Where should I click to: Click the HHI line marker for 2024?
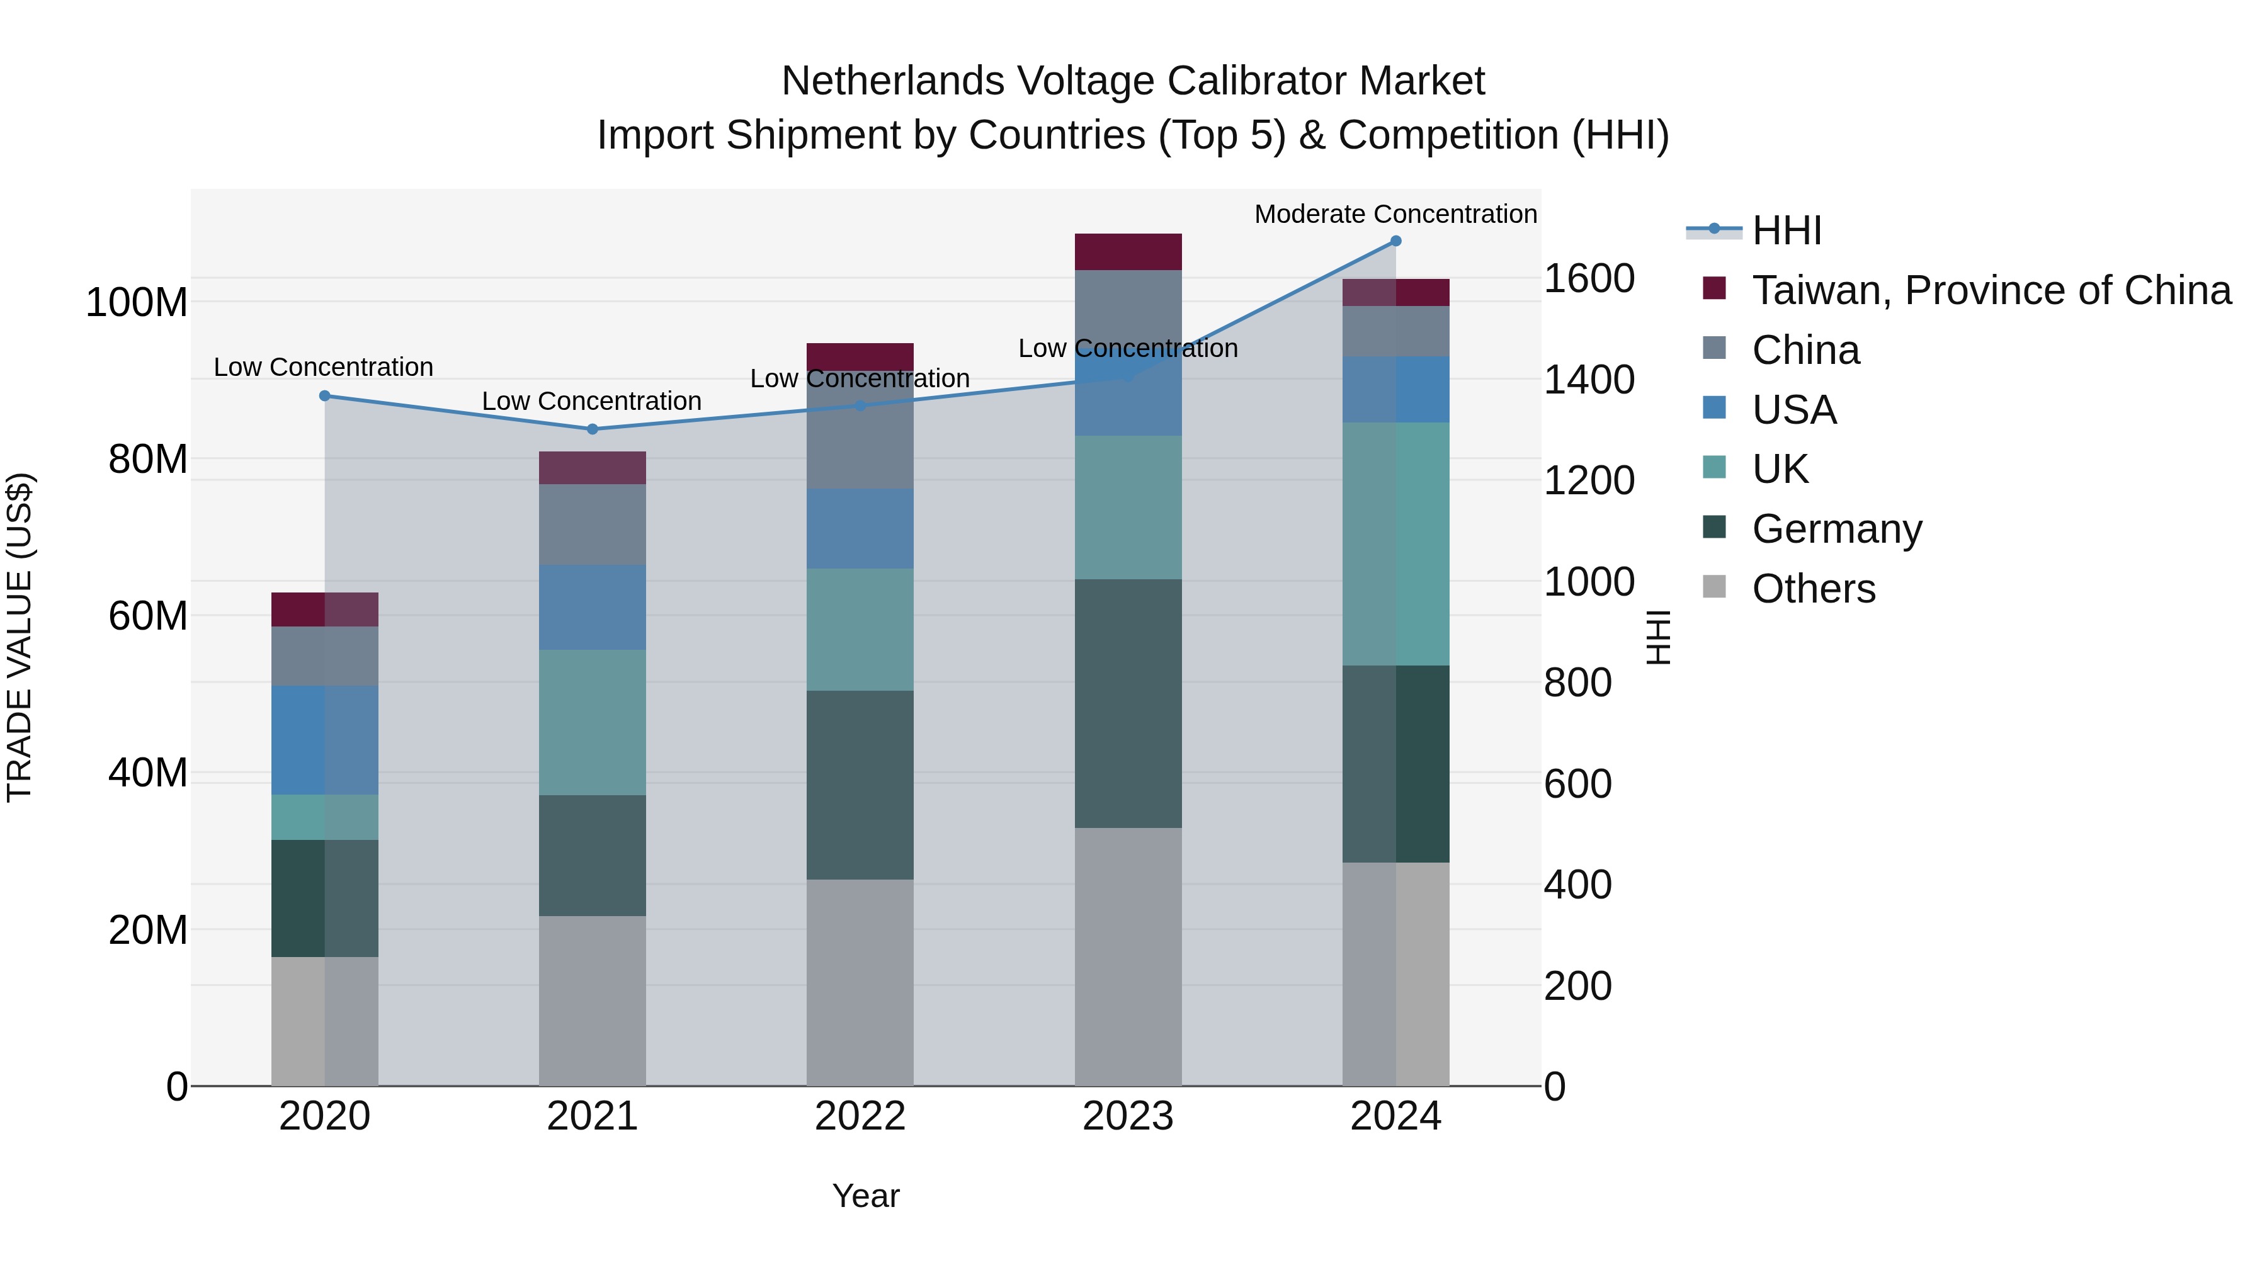pyautogui.click(x=1395, y=241)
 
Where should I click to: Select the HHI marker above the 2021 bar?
pyautogui.click(x=593, y=429)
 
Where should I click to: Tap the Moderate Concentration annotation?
pyautogui.click(x=1395, y=215)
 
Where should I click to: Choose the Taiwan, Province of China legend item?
pyautogui.click(x=1991, y=290)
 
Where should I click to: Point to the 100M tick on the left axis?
pyautogui.click(x=137, y=303)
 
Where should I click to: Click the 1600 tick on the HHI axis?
pyautogui.click(x=1589, y=279)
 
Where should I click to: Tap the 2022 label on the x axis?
pyautogui.click(x=860, y=1116)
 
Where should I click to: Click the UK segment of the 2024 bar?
pyautogui.click(x=1395, y=544)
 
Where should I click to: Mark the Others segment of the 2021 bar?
pyautogui.click(x=593, y=1000)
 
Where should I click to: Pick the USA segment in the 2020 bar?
pyautogui.click(x=325, y=740)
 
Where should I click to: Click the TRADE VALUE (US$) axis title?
pyautogui.click(x=20, y=637)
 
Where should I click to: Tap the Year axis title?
pyautogui.click(x=866, y=1196)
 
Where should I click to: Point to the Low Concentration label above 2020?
pyautogui.click(x=323, y=368)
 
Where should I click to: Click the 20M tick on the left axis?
pyautogui.click(x=148, y=930)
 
